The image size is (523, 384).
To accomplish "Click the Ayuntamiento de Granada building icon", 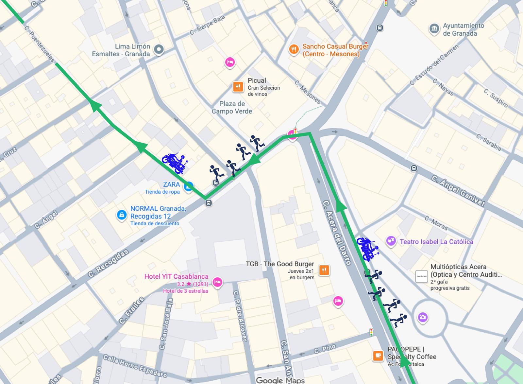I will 434,29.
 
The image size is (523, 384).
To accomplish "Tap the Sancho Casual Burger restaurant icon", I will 294,50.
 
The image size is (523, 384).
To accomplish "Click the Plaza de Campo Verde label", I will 232,107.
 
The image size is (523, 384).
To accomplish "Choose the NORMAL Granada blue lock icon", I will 122,215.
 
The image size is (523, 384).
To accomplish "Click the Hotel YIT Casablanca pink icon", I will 217,282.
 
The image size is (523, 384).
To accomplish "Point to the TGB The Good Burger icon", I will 324,270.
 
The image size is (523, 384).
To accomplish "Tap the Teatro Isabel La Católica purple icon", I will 391,241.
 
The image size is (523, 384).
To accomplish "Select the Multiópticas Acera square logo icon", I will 421,276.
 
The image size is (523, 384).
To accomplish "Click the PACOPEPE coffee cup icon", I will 378,356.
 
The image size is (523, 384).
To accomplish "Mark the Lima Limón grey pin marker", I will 159,49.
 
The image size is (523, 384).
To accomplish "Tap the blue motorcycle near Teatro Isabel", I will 368,249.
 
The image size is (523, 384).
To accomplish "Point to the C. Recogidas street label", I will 108,263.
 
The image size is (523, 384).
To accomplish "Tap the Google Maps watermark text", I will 280,380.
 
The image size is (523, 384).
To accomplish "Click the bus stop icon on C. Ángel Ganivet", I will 414,168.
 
